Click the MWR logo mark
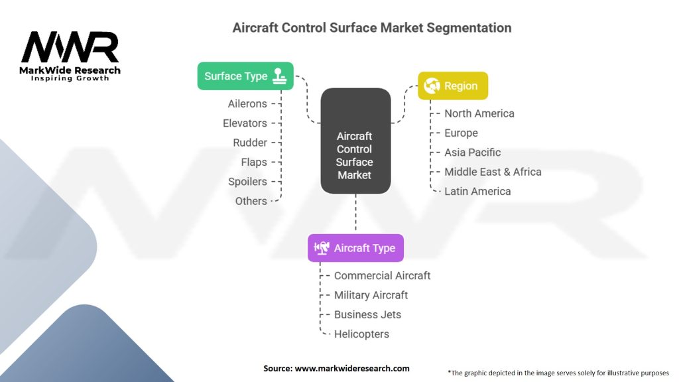70,47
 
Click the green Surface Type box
245,76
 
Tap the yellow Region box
453,86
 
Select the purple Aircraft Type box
355,248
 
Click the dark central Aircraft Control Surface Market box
355,141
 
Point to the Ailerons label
248,104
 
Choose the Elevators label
245,123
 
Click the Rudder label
250,143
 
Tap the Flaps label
254,162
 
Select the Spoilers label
248,182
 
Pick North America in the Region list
479,113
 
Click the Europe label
462,133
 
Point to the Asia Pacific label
472,153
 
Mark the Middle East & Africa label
493,172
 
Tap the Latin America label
477,192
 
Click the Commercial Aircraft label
383,276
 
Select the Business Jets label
367,315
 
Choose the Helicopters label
361,334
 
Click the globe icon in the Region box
432,86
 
